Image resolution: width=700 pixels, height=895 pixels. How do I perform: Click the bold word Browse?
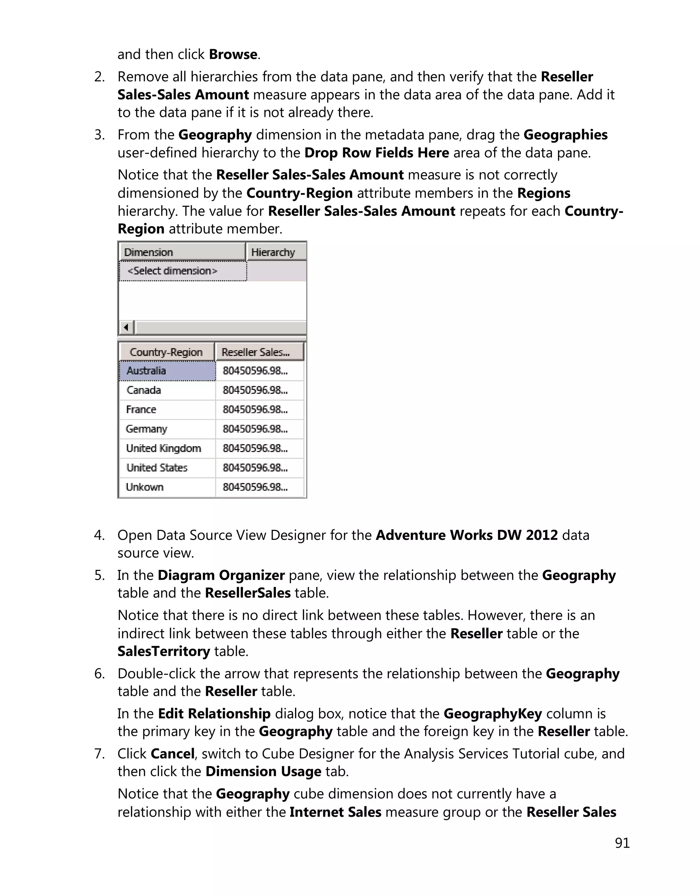[233, 55]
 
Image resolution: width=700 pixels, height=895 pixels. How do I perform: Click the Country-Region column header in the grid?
[166, 352]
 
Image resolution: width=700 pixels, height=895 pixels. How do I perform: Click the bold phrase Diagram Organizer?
[221, 575]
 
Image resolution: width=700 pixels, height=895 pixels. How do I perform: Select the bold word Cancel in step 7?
[172, 754]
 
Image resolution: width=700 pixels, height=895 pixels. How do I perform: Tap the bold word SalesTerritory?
[164, 651]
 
